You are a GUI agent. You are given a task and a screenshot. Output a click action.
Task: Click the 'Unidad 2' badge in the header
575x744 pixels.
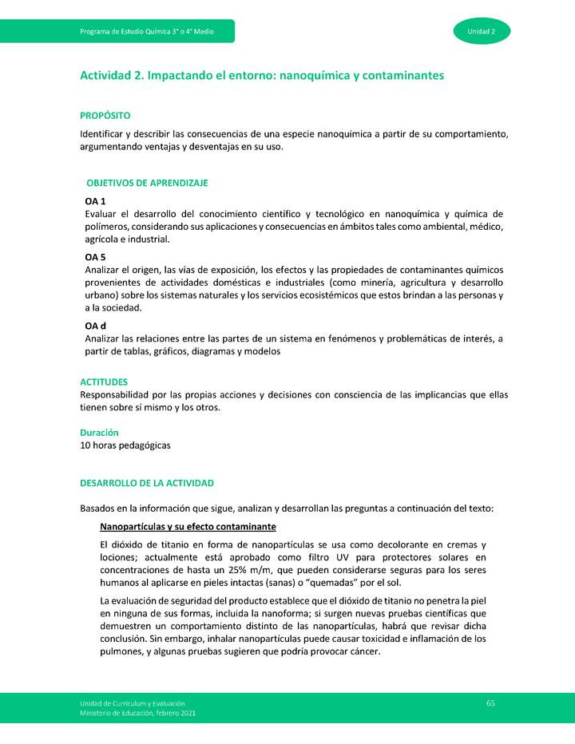click(482, 31)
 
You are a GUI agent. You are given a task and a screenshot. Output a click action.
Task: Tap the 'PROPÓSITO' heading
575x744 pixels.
click(105, 116)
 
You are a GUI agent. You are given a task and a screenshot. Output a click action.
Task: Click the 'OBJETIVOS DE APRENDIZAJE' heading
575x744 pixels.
click(147, 183)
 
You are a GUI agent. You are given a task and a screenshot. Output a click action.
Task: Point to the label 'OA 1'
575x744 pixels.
click(96, 201)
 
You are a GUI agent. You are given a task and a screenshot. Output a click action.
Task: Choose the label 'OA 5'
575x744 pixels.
click(96, 257)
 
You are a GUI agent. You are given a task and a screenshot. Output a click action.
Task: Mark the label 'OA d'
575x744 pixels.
click(96, 326)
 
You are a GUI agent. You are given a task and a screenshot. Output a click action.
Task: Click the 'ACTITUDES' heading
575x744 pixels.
click(104, 382)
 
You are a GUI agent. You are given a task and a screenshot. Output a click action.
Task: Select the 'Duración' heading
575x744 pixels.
click(100, 432)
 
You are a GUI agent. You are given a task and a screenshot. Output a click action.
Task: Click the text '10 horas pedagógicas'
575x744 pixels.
click(125, 445)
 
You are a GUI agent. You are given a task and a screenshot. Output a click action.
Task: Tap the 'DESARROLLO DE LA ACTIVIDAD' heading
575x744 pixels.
click(147, 484)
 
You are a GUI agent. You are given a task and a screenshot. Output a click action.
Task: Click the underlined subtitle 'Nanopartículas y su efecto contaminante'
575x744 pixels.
click(188, 527)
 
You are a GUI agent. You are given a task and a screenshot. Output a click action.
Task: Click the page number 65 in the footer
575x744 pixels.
click(490, 702)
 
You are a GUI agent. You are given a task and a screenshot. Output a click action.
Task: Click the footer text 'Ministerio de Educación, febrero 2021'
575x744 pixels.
click(137, 712)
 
